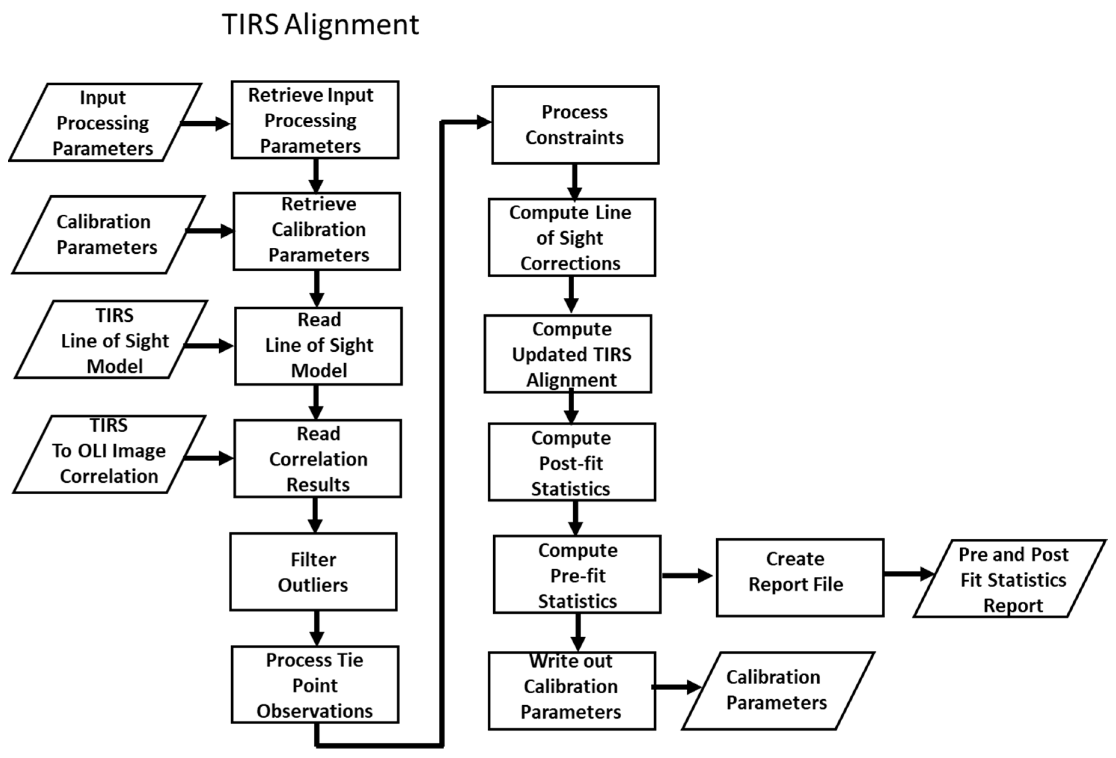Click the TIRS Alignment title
320,25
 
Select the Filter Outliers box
313,572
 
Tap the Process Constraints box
575,125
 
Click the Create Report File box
799,578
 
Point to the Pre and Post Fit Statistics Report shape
1011,579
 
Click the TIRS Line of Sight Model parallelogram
110,340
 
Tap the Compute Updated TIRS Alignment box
568,354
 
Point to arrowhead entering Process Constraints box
484,122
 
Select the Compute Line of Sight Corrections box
571,238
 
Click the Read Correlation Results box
317,459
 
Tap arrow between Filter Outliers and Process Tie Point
316,628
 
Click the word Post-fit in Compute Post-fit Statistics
571,464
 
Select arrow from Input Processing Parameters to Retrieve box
205,123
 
